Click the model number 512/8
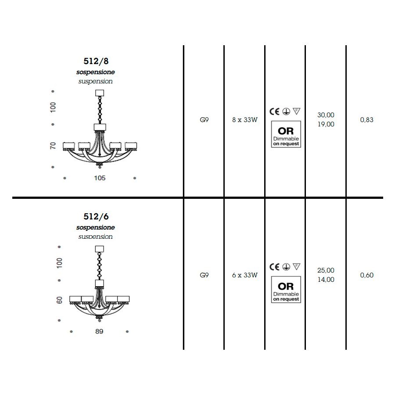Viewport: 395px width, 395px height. (x=96, y=61)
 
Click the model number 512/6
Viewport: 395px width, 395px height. (x=96, y=217)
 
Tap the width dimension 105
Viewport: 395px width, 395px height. (x=100, y=178)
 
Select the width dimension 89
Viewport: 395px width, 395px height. (x=99, y=331)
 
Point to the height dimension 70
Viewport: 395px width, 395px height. (x=53, y=146)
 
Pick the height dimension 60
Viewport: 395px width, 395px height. (x=59, y=300)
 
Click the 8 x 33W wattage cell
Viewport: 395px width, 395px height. (x=245, y=120)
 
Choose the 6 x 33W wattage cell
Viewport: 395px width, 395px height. (x=245, y=275)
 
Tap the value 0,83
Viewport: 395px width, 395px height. (x=366, y=120)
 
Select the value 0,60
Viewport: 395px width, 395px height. (x=366, y=275)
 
